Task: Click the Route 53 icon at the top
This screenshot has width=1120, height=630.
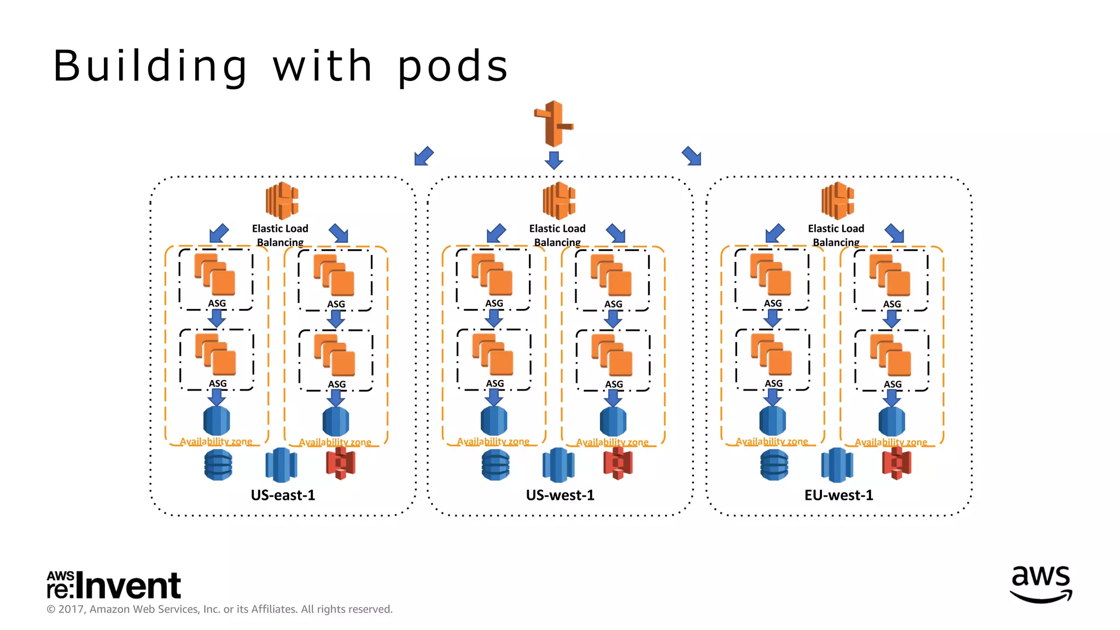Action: (553, 123)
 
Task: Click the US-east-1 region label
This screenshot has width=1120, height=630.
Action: (283, 495)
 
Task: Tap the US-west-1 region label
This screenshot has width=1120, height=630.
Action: (560, 495)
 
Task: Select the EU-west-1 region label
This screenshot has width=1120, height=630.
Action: (838, 495)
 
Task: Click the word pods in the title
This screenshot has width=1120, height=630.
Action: (452, 67)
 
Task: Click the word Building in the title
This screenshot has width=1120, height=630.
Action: (150, 67)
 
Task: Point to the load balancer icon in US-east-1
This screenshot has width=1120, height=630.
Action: (282, 201)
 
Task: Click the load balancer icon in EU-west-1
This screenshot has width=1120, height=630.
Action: (837, 201)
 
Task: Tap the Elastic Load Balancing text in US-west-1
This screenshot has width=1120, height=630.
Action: (557, 235)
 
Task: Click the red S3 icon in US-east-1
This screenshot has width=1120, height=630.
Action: (341, 463)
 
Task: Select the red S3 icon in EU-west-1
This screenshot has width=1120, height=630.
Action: (896, 463)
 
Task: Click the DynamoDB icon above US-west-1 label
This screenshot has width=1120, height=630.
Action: (558, 465)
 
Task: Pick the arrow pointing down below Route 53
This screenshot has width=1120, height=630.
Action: (554, 160)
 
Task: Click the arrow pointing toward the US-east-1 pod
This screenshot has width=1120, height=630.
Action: (424, 156)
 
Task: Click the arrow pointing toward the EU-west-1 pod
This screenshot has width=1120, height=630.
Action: (692, 156)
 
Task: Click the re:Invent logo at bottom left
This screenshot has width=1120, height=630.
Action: (114, 585)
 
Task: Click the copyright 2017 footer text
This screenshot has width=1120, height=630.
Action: (219, 609)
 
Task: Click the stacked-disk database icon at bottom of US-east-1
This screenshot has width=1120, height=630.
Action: (218, 465)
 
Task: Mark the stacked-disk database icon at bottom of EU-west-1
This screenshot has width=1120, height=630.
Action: (774, 465)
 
